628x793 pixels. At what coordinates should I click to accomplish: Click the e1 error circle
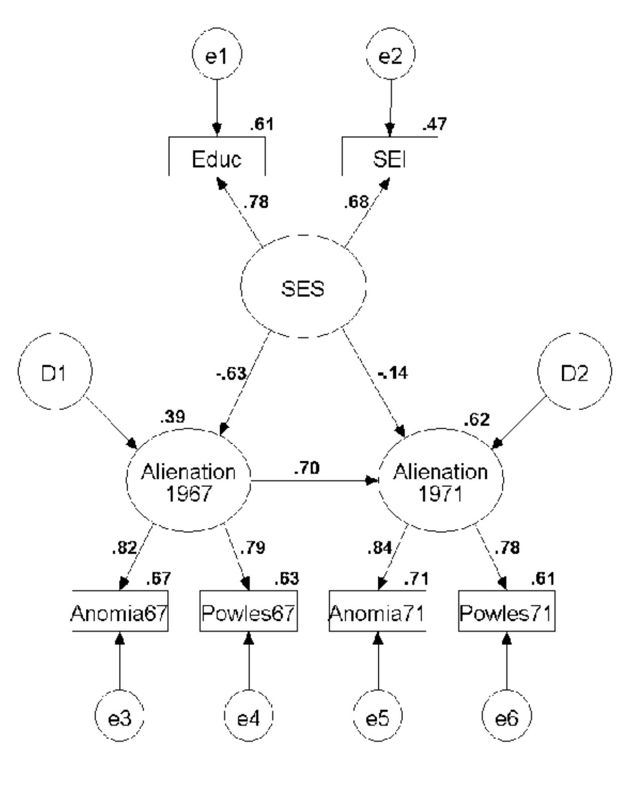tap(217, 56)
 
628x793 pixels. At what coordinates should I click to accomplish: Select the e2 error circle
tap(390, 56)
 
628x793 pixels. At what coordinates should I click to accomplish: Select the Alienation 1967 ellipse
tap(188, 481)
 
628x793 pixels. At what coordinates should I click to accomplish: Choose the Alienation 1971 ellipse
tap(440, 481)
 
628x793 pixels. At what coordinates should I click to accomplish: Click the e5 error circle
tap(377, 719)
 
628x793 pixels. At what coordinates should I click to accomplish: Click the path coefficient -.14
tap(392, 373)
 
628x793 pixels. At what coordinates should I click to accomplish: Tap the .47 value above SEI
tap(434, 124)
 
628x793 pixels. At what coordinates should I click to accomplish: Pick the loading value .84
tap(379, 549)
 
